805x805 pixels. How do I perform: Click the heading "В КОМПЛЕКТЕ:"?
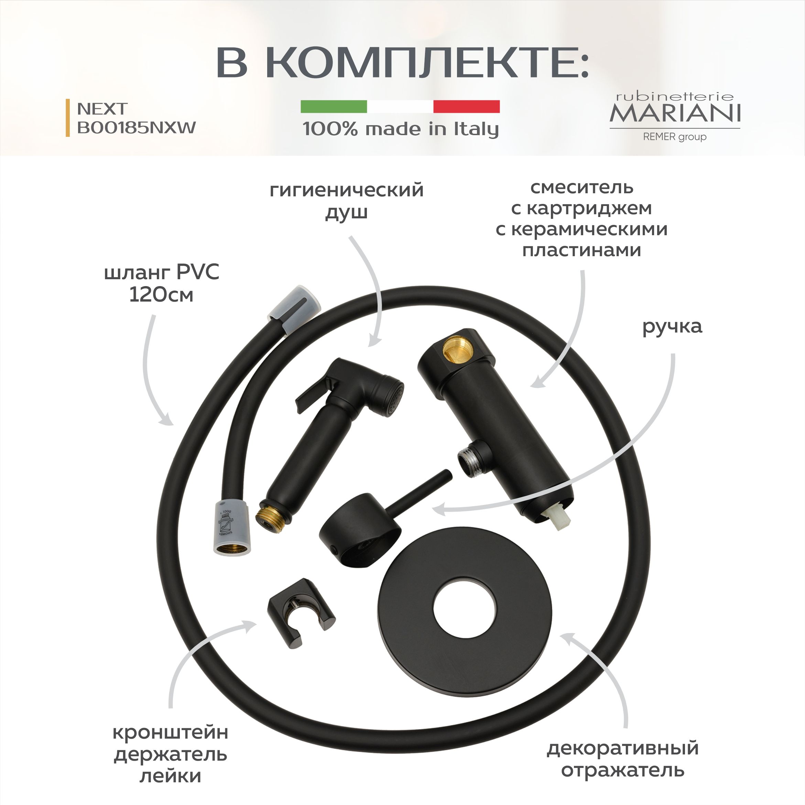[402, 63]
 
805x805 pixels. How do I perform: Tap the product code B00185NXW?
[136, 128]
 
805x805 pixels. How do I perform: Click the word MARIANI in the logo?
[675, 113]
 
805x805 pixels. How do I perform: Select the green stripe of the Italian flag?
[334, 106]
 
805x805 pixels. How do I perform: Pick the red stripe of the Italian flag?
[467, 106]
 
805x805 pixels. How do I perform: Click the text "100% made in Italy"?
[400, 129]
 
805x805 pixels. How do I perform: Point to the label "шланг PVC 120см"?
[162, 284]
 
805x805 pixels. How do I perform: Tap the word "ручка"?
[672, 327]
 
